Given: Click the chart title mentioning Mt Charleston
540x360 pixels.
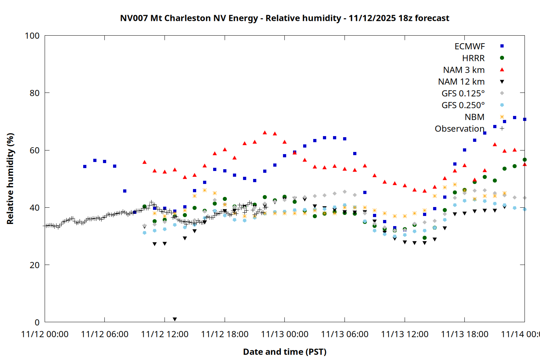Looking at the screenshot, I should tap(284, 18).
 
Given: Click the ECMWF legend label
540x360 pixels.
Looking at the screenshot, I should tap(469, 46).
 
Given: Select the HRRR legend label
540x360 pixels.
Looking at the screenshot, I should tap(473, 58).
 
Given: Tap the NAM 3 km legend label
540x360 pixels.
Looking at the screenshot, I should tap(464, 70).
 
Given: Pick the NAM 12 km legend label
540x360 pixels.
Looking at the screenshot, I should tap(461, 82).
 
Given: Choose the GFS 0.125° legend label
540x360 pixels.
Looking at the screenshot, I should tap(463, 94).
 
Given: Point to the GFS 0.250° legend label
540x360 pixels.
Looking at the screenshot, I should tap(463, 105).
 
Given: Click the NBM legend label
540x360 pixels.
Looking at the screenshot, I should tap(474, 117).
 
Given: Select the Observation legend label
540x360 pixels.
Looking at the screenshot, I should tap(459, 129).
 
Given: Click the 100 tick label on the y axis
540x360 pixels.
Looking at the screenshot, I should tap(32, 36).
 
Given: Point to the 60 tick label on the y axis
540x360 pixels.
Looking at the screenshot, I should tap(35, 150).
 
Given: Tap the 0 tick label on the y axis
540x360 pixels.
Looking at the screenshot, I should tap(37, 322).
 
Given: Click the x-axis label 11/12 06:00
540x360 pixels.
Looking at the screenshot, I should tap(105, 334).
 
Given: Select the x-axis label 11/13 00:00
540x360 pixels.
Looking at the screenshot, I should tap(285, 334).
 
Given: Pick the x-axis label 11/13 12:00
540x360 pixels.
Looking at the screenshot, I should tap(405, 334).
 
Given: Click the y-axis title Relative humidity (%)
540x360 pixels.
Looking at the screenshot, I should tap(10, 179).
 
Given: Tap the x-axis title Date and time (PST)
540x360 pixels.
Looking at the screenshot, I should tap(284, 352).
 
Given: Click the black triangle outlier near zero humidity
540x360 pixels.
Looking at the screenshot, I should tap(175, 319).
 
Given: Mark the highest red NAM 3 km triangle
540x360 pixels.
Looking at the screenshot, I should tap(265, 133).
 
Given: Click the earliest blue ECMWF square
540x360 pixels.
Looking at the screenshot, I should tap(85, 167).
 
